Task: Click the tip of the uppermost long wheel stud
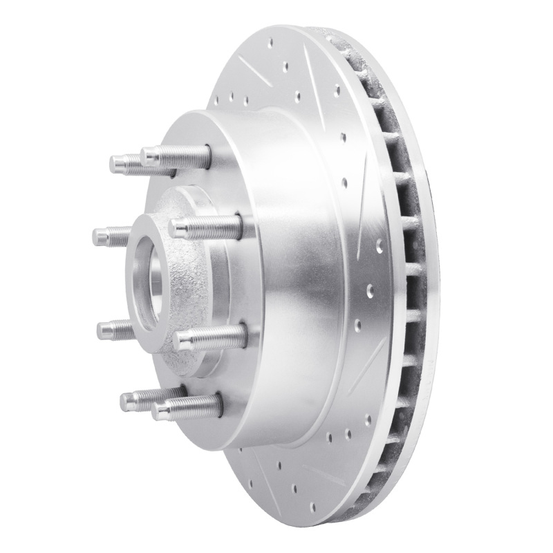145,153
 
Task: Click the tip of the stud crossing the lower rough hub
181,339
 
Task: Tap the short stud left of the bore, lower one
102,327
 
